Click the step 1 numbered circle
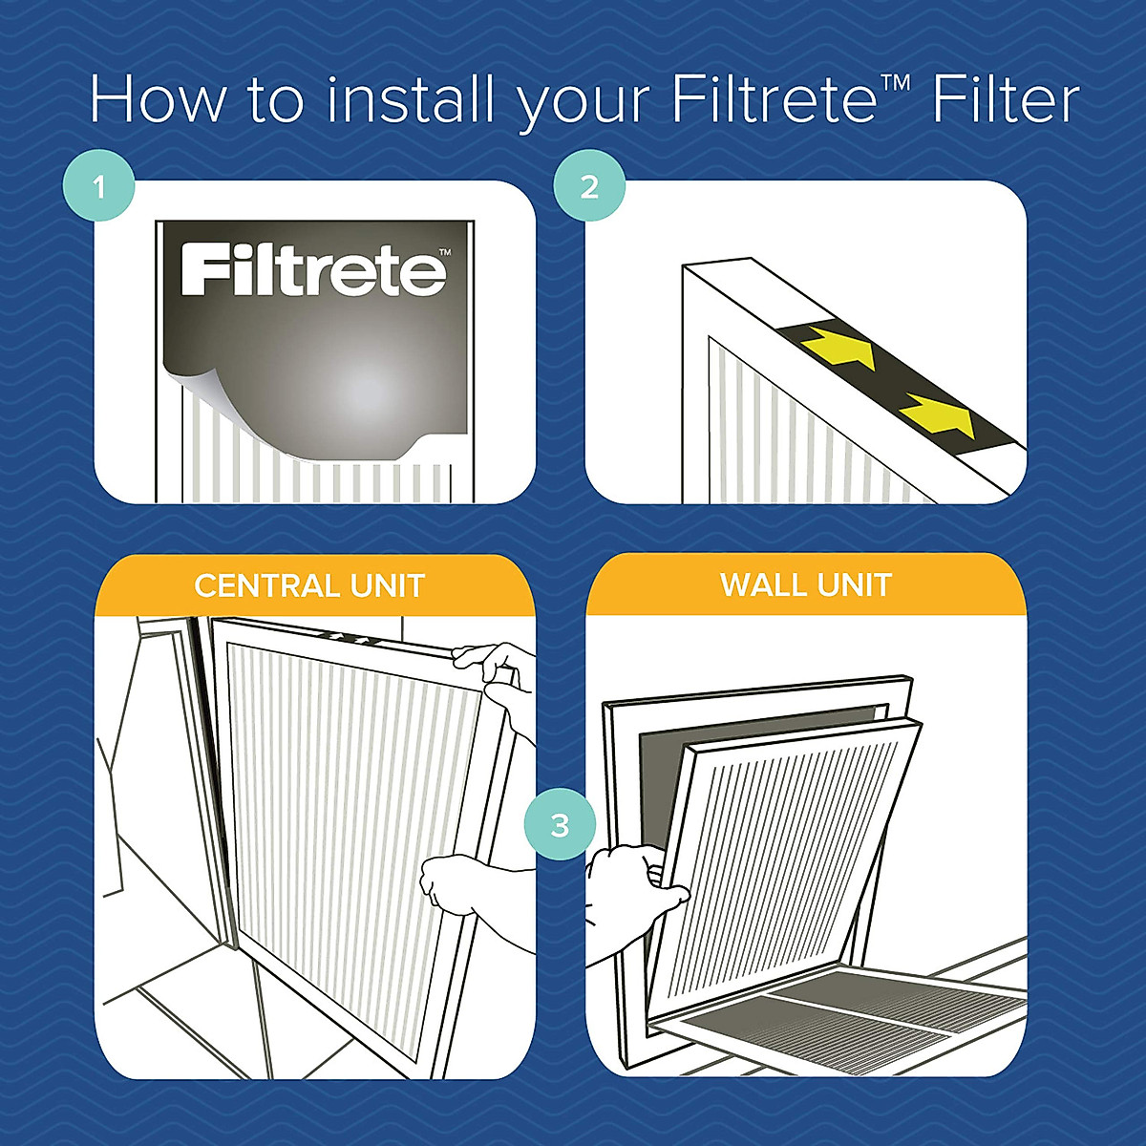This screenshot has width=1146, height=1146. [99, 187]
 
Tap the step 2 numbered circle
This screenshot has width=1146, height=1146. [589, 187]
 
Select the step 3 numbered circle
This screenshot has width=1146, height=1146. [560, 824]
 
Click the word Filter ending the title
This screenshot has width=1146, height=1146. [1006, 99]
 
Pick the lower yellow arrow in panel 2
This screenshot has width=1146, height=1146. [939, 414]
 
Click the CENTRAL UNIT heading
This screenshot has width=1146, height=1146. [309, 585]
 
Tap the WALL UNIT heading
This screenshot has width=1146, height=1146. [806, 584]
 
